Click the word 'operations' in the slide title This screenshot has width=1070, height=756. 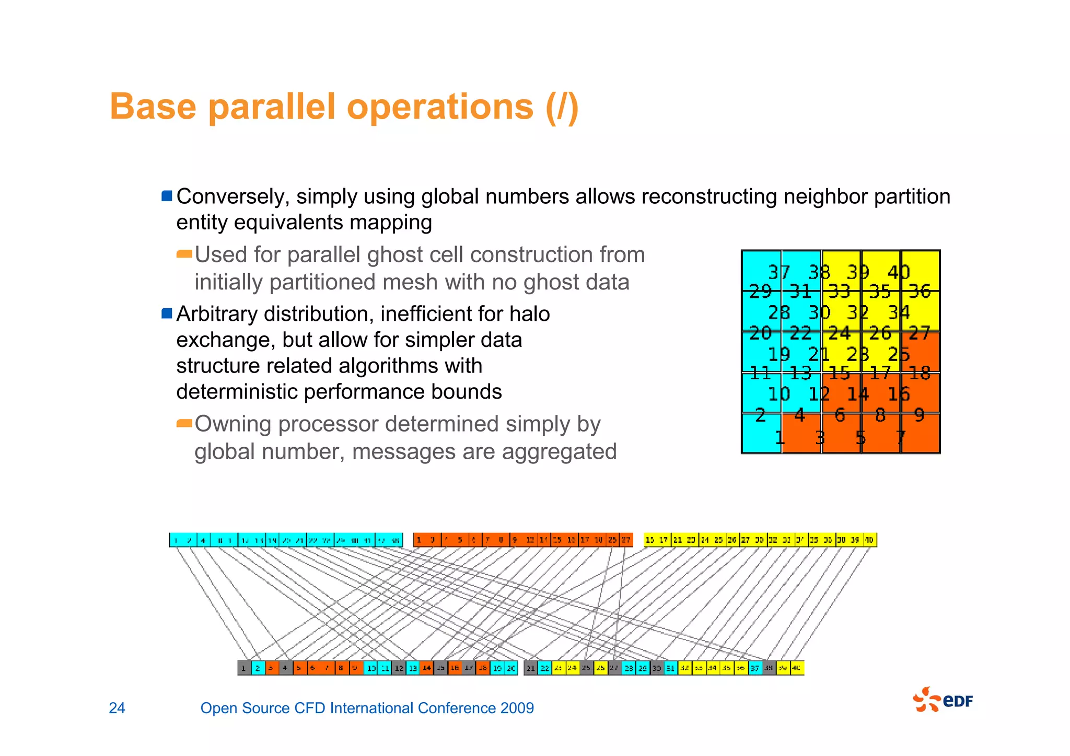[440, 107]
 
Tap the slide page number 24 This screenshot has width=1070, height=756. [117, 708]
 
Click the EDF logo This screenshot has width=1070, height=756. [943, 700]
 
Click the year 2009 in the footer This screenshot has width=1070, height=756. [517, 708]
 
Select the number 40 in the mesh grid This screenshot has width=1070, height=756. [898, 272]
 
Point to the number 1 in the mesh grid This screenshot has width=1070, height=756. [780, 437]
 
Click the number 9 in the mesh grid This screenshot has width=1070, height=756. [919, 415]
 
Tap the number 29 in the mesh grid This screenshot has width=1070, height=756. [760, 291]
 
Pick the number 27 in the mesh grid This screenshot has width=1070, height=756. [919, 333]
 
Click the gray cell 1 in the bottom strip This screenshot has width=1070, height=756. [244, 668]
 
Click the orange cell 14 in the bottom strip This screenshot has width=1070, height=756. [427, 668]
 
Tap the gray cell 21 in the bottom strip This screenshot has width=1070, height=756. [530, 668]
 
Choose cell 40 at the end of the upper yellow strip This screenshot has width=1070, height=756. [869, 540]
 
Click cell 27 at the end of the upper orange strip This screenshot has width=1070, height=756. [625, 540]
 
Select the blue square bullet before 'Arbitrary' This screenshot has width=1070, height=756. [167, 313]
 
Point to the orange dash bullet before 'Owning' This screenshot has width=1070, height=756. [184, 423]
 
